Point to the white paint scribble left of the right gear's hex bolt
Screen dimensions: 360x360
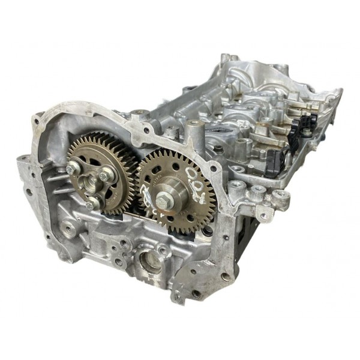[x=149, y=197]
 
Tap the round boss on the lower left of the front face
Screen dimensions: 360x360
[x=67, y=227]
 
